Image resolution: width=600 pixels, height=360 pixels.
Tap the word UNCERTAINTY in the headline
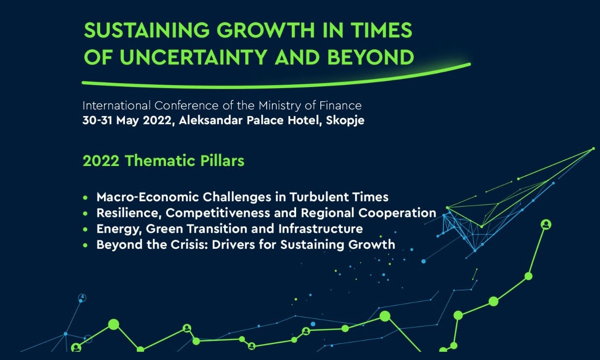(x=193, y=57)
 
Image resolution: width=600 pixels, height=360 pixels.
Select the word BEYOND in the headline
(x=371, y=57)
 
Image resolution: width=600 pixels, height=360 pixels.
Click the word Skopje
(x=345, y=121)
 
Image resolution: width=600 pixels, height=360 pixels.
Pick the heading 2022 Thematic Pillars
(x=164, y=161)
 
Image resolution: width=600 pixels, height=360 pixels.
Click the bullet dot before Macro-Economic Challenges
(x=86, y=198)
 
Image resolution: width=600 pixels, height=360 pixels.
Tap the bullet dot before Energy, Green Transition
(x=86, y=229)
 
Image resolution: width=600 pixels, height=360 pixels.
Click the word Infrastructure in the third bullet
(x=321, y=229)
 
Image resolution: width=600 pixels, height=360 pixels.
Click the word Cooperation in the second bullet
(x=397, y=213)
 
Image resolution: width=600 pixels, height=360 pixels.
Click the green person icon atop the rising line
(x=546, y=225)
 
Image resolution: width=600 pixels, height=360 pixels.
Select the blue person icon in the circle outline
(x=82, y=298)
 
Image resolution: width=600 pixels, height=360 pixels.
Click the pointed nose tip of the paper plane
(x=594, y=149)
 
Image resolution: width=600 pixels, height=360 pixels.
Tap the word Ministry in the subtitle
(x=280, y=106)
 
